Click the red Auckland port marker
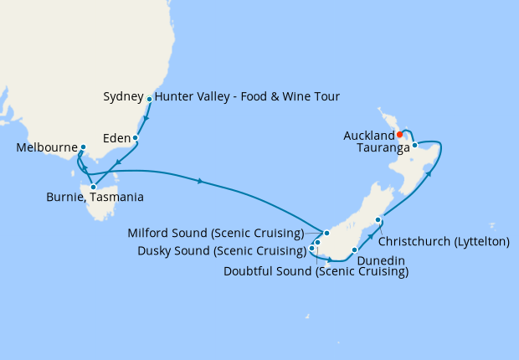[x=400, y=134]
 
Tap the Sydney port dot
[x=150, y=100]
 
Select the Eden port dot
[x=135, y=137]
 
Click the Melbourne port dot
[x=83, y=147]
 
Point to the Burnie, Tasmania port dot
[x=93, y=187]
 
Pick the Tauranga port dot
[x=414, y=145]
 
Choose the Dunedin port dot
[x=355, y=249]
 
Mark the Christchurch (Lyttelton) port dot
[x=378, y=220]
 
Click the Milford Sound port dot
[x=327, y=233]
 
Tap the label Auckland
[x=368, y=135]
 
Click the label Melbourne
[x=46, y=148]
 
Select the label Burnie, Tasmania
[x=95, y=198]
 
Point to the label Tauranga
[x=383, y=148]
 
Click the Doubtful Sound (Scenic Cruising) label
[x=316, y=271]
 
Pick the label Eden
[x=116, y=137]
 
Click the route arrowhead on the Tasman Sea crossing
[x=201, y=181]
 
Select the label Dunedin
[x=381, y=260]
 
